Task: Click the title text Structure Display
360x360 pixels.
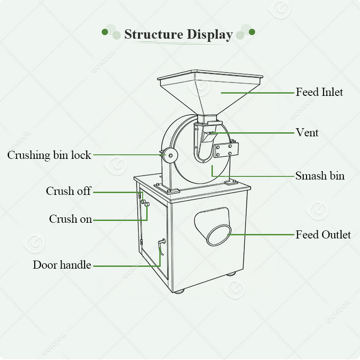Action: [x=178, y=34]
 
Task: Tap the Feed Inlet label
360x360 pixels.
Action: [x=319, y=92]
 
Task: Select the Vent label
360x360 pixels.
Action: [x=307, y=132]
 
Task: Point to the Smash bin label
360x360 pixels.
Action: [x=320, y=175]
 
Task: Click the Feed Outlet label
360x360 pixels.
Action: [x=323, y=234]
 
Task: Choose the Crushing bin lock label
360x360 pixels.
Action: [x=49, y=155]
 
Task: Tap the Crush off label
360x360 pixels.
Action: [x=68, y=191]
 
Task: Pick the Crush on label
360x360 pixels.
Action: [x=70, y=219]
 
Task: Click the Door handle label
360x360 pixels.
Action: [x=62, y=265]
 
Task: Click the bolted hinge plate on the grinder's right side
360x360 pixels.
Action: [x=225, y=149]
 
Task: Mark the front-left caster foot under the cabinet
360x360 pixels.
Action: [x=179, y=291]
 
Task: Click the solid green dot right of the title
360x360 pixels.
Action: [x=252, y=32]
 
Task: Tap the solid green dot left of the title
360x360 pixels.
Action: [x=105, y=32]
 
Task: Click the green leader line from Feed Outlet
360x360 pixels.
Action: [x=261, y=234]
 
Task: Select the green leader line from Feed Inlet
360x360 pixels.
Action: [x=256, y=93]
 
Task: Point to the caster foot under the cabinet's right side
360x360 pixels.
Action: [x=231, y=273]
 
